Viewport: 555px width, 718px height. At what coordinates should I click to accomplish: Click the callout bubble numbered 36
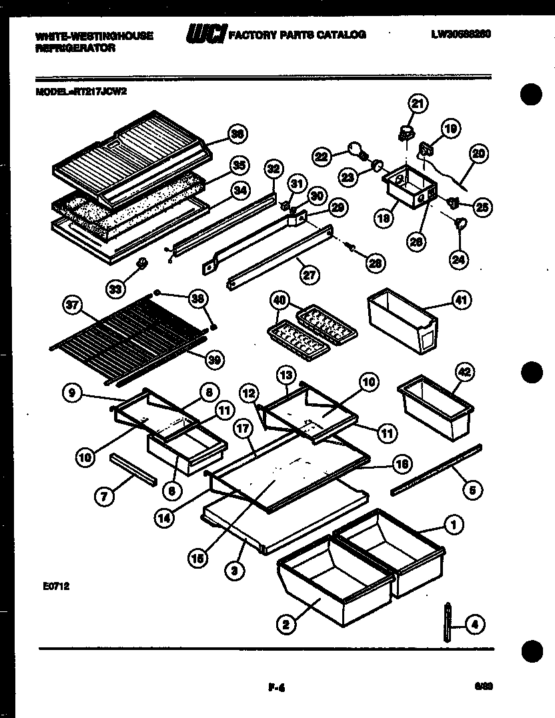[x=236, y=134]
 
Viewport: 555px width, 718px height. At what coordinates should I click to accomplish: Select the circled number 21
[x=417, y=103]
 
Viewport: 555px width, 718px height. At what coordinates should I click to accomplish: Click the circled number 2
[x=286, y=624]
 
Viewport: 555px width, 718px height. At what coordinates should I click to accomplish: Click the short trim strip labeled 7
[x=134, y=469]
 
